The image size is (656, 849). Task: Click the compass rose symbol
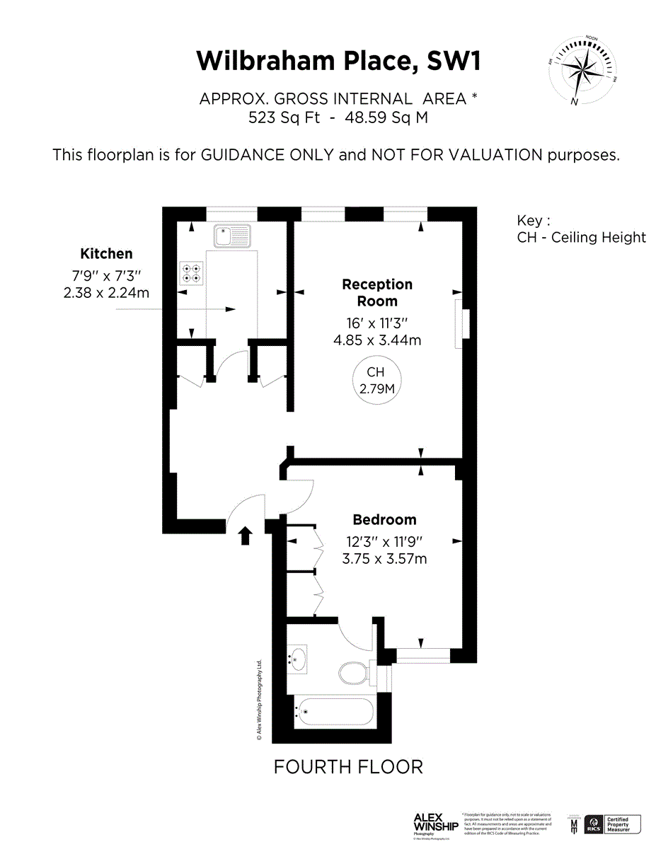pos(582,71)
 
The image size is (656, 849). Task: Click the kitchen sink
pos(233,236)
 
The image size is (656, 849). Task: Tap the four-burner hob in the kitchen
pos(192,272)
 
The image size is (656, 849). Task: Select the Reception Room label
pos(377,292)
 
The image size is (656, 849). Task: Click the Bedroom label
pos(384,520)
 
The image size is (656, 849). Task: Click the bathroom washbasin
pos(298,658)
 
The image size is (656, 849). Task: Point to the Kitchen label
pos(106,253)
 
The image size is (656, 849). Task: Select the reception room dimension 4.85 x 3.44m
pos(376,340)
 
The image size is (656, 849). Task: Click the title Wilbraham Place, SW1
pos(338,61)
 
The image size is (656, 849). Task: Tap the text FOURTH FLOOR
pos(348,766)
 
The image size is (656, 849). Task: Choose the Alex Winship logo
pos(435,824)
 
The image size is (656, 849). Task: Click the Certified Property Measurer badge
pos(614,824)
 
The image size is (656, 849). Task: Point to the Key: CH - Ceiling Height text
pos(580,229)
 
